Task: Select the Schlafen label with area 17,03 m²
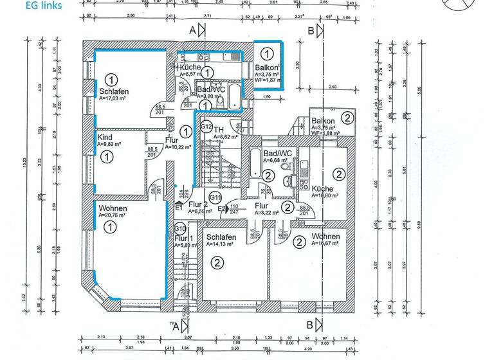click(114, 92)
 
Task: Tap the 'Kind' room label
click(104, 137)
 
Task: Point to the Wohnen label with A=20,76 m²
click(113, 209)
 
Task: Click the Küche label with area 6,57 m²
click(190, 67)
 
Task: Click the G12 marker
click(206, 127)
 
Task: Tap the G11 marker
click(215, 197)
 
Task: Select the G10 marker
click(180, 228)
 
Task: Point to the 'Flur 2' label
click(198, 204)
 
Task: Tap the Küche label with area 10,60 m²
click(322, 189)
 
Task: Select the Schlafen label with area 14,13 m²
click(221, 237)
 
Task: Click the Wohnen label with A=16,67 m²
click(325, 237)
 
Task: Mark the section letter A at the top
click(192, 30)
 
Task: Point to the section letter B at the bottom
click(310, 324)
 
